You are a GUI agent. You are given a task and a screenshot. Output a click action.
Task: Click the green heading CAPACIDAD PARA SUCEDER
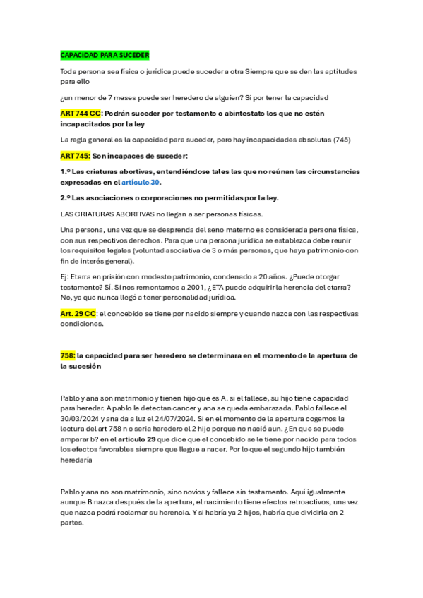click(x=105, y=55)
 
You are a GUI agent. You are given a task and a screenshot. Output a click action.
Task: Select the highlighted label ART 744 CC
click(x=81, y=114)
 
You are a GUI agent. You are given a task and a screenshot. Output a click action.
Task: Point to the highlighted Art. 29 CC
click(x=78, y=313)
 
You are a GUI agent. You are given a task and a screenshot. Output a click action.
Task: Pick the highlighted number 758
click(x=68, y=355)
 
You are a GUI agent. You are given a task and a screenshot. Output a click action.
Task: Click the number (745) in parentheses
click(x=341, y=139)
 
